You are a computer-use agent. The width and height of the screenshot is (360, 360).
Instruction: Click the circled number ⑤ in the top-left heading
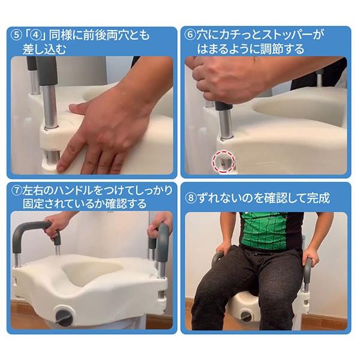(x=16, y=35)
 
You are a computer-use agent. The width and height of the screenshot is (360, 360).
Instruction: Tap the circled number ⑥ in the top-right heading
(x=190, y=35)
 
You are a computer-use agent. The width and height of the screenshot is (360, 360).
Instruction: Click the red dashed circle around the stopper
(x=223, y=161)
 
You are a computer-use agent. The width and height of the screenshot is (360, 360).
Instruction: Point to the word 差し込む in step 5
(x=44, y=49)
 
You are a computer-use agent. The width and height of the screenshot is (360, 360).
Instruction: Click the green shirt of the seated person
(x=264, y=230)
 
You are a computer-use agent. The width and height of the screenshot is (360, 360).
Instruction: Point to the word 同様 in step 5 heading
(x=60, y=35)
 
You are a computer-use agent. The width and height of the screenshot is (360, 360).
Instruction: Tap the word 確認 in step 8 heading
(x=274, y=198)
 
